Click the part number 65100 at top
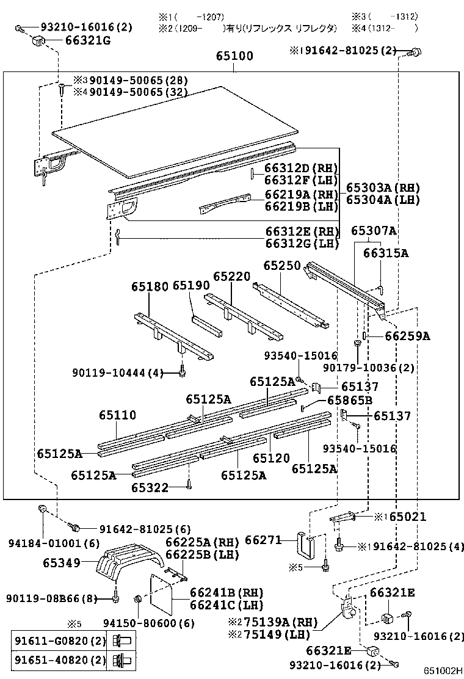(234, 56)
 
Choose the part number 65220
(232, 276)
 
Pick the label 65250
(282, 266)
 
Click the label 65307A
(374, 231)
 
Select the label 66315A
(386, 252)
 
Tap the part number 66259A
(407, 336)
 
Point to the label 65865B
(350, 401)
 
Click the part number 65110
(118, 415)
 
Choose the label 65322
(150, 487)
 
